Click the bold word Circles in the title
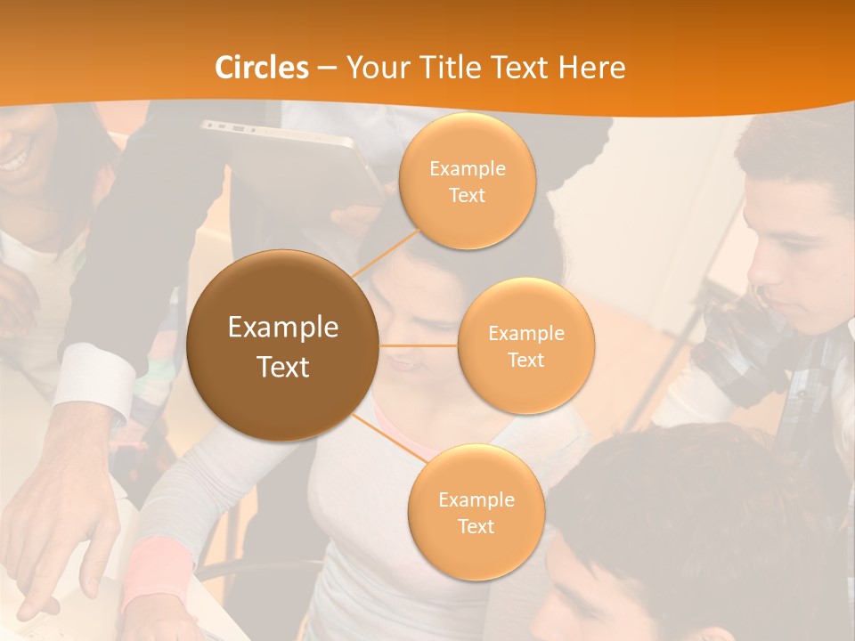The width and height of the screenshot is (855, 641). pyautogui.click(x=262, y=68)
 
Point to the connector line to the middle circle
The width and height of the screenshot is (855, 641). pyautogui.click(x=419, y=345)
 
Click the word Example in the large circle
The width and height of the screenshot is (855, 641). pyautogui.click(x=283, y=328)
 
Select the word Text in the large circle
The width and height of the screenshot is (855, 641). pyautogui.click(x=283, y=366)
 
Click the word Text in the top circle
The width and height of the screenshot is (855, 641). pyautogui.click(x=468, y=195)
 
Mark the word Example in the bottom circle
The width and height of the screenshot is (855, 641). pyautogui.click(x=476, y=499)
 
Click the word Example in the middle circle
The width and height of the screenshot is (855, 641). pyautogui.click(x=526, y=334)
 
